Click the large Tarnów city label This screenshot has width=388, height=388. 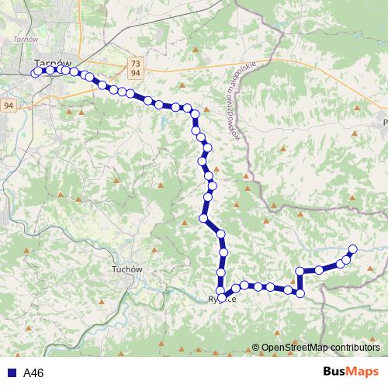click(54, 63)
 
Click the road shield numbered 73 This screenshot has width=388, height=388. click(136, 63)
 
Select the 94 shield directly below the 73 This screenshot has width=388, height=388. click(136, 73)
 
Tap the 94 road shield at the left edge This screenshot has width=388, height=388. click(8, 105)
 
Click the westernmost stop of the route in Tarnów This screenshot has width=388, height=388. click(36, 72)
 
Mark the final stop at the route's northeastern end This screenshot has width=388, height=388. click(352, 249)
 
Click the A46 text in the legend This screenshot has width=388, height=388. click(33, 373)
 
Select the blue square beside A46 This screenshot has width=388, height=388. click(10, 373)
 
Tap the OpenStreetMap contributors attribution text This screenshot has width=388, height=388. click(320, 348)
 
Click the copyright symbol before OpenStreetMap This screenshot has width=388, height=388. click(255, 348)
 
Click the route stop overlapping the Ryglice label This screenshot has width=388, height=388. click(223, 297)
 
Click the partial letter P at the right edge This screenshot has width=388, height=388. click(384, 122)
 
